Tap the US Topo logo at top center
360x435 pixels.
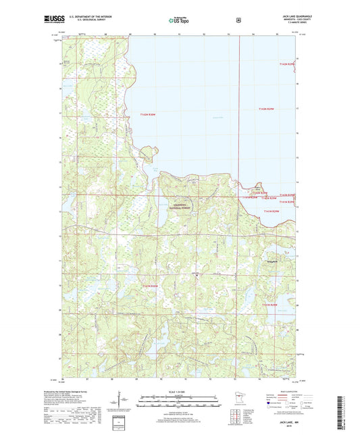coord(178,20)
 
